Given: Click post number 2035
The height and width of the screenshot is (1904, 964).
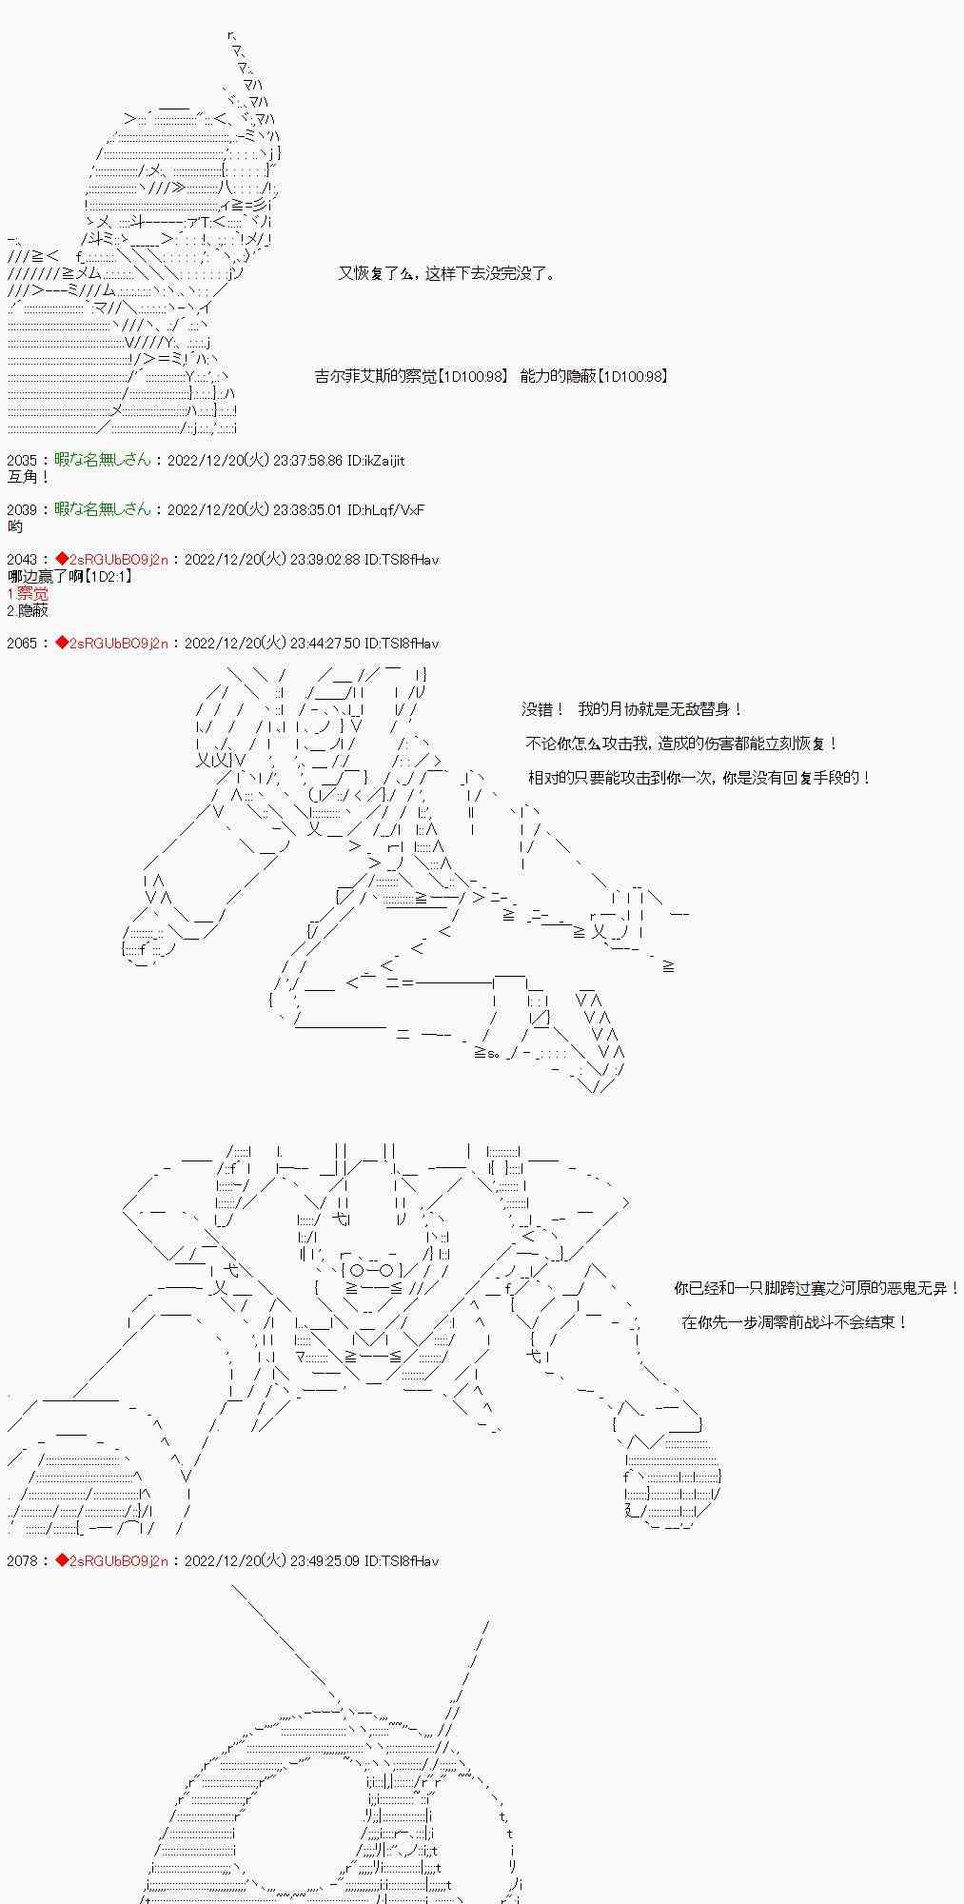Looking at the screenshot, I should pyautogui.click(x=21, y=461).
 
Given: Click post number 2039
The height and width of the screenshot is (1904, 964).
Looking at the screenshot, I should pyautogui.click(x=21, y=510).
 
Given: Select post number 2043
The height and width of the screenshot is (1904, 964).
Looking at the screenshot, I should pyautogui.click(x=21, y=560).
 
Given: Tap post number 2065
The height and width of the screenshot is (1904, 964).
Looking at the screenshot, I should pyautogui.click(x=21, y=644).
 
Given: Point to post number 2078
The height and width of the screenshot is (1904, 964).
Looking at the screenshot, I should pyautogui.click(x=21, y=1561).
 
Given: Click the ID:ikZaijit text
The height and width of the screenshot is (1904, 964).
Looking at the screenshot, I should pyautogui.click(x=376, y=461).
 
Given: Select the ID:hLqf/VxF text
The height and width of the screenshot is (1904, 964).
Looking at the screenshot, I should pyautogui.click(x=385, y=510).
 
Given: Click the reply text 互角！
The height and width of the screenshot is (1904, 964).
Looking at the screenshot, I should pyautogui.click(x=28, y=477).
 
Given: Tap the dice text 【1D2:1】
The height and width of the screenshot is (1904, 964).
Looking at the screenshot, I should pyautogui.click(x=108, y=577).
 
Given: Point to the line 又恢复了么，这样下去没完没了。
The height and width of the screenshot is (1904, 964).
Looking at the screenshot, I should pyautogui.click(x=446, y=274).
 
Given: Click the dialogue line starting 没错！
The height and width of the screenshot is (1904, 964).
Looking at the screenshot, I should pyautogui.click(x=632, y=709).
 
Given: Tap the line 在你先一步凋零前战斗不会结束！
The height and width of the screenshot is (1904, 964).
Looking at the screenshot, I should pyautogui.click(x=795, y=1322).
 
